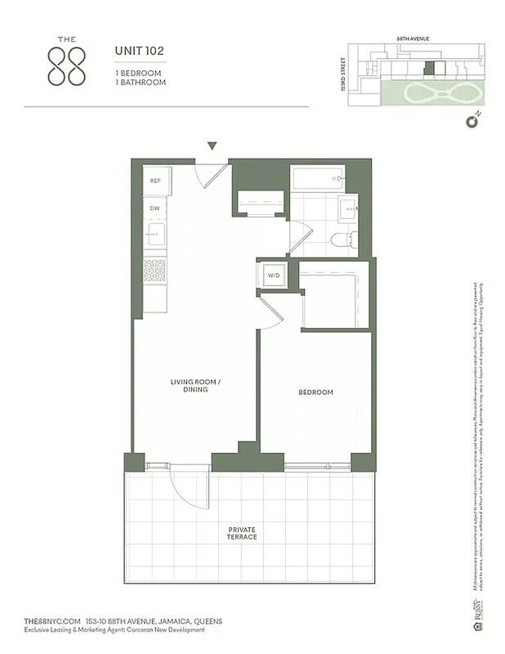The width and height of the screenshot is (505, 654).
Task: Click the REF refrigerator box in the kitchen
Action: tap(154, 181)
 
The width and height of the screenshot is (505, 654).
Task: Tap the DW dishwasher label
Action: tap(154, 209)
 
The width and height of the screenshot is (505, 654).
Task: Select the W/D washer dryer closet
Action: tap(274, 275)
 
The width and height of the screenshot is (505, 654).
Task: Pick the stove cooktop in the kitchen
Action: tap(154, 269)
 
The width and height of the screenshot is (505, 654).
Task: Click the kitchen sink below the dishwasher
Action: tap(155, 237)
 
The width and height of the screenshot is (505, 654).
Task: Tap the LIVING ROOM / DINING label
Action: tap(195, 386)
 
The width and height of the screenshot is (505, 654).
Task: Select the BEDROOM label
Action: tap(315, 392)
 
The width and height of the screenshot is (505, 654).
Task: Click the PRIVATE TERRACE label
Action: tap(242, 533)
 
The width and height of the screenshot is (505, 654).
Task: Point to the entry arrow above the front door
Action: tap(212, 146)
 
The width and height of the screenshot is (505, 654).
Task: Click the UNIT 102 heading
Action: tap(139, 51)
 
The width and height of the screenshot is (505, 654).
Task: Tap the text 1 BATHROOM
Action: tap(139, 83)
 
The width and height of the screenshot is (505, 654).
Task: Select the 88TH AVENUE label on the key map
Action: tap(413, 38)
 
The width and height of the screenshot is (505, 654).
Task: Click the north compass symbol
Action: tap(471, 123)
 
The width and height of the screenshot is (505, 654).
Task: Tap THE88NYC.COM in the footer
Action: tap(52, 621)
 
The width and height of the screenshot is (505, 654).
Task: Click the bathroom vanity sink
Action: tap(346, 208)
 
